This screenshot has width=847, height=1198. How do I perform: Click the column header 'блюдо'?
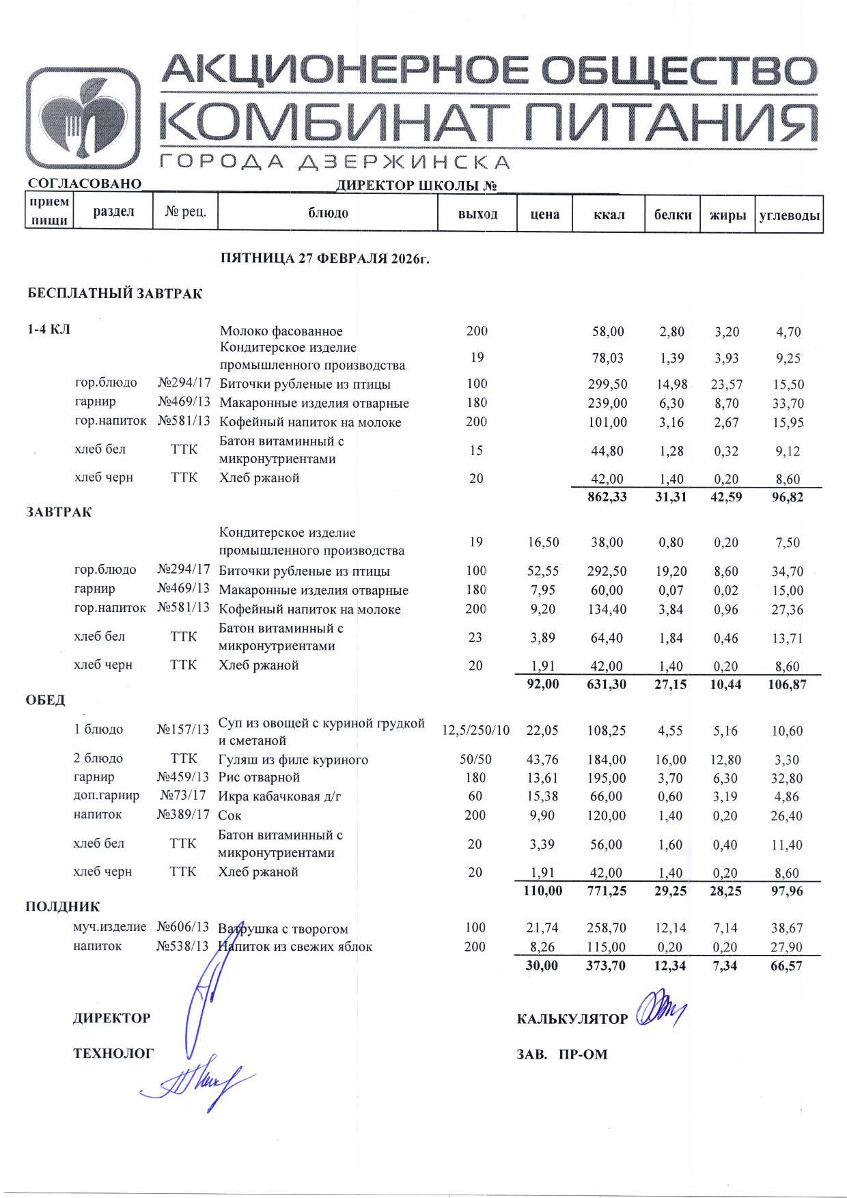click(x=328, y=214)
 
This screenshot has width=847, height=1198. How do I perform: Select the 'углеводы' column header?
click(x=789, y=215)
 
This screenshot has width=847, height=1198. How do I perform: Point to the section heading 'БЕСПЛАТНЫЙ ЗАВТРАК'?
click(x=115, y=294)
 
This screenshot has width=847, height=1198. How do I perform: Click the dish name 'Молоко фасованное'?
click(x=281, y=332)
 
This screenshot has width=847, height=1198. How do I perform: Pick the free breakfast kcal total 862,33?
click(x=607, y=497)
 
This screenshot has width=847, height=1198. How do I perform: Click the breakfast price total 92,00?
click(x=544, y=684)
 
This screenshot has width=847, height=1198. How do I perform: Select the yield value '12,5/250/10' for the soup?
click(x=475, y=730)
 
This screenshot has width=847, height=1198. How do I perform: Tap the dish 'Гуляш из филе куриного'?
click(x=293, y=760)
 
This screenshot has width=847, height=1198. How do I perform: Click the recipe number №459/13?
click(x=183, y=777)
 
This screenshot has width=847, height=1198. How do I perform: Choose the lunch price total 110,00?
click(x=542, y=891)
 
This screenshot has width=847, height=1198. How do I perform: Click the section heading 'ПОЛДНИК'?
click(x=63, y=907)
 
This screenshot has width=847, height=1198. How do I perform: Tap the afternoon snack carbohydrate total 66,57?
click(x=785, y=966)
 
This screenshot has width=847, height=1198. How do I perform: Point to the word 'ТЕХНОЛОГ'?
click(x=113, y=1054)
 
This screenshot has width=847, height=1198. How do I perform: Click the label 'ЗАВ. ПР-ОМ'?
click(x=561, y=1055)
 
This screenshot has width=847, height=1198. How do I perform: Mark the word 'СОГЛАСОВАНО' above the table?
click(x=84, y=184)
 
